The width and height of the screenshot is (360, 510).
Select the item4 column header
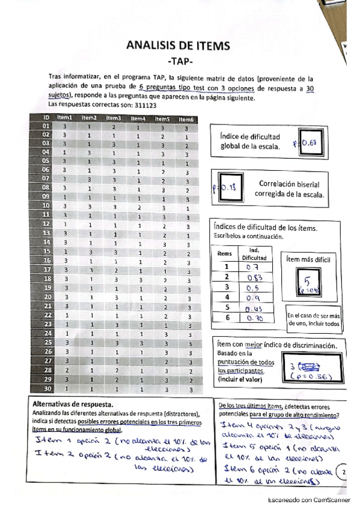click(x=138, y=118)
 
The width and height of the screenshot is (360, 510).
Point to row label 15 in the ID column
click(x=45, y=250)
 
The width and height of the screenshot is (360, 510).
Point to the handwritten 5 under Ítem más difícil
click(x=307, y=281)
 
